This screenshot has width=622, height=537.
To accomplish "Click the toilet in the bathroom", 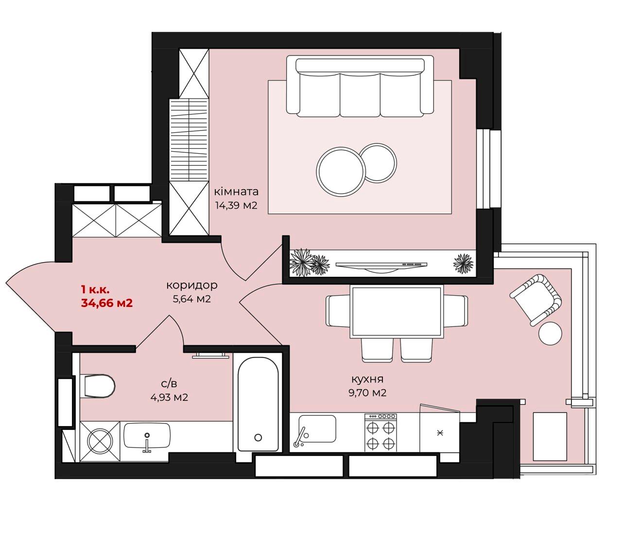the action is tap(98, 386).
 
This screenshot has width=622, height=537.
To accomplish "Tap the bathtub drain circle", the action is tap(258, 437).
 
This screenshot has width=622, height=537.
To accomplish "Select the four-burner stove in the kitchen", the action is tap(380, 433).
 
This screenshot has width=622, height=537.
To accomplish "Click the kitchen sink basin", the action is tap(317, 429).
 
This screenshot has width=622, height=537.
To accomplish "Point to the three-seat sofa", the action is tap(360, 86).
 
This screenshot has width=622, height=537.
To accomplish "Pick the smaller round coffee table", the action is tap(378, 163).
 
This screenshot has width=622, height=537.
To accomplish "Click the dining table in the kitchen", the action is tap(397, 311).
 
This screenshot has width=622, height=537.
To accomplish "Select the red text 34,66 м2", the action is tap(107, 303).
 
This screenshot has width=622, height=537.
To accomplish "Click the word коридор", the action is tap(191, 285).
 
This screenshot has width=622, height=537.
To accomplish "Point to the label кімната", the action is tap(236, 192).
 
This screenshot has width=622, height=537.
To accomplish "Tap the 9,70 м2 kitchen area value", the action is tap(367, 393).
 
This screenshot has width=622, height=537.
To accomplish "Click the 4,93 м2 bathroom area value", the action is tap(169, 397).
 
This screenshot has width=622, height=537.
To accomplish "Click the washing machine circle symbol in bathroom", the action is tap(100, 442).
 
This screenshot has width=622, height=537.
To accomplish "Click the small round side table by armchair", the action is tap(550, 333).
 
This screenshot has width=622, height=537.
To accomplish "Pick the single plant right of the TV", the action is tap(463, 264).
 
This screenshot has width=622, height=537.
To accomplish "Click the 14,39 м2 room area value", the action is tap(236, 206).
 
